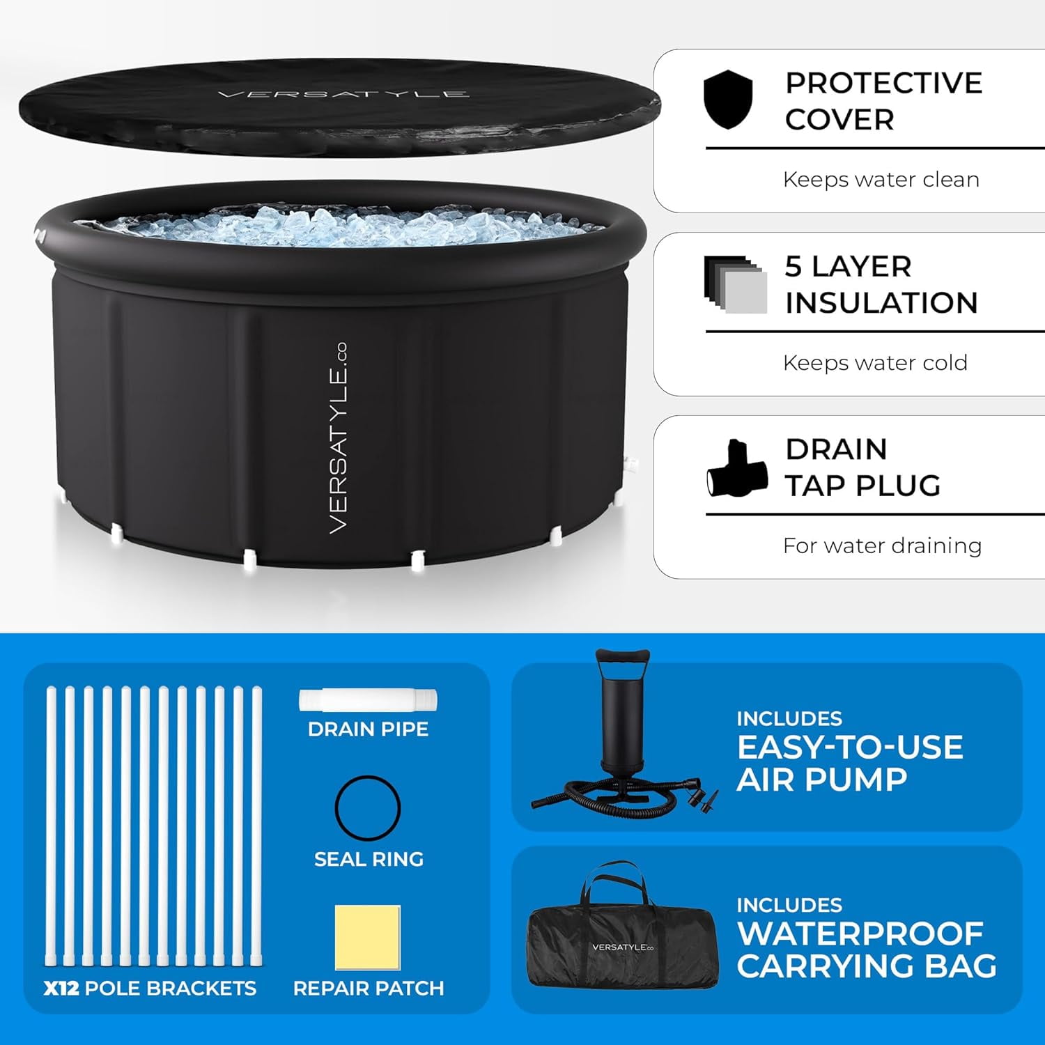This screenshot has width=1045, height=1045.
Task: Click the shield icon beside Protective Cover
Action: point(728,100)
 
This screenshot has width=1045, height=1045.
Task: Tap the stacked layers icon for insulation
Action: point(735,284)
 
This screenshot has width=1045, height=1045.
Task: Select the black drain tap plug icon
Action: point(737,469)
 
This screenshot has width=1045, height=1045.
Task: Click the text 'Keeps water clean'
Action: point(881,180)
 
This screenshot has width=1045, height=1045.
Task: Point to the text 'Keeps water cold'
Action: point(875,363)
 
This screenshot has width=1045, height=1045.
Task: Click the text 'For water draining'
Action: point(882,545)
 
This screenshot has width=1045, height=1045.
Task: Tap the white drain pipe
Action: point(369,700)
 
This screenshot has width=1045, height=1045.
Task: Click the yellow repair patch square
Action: point(368,938)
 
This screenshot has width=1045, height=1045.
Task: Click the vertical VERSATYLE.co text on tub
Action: point(338,439)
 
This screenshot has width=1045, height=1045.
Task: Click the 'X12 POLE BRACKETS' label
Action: point(150,989)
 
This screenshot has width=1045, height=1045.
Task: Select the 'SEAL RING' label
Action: point(369,859)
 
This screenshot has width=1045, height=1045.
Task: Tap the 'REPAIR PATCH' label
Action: point(369,989)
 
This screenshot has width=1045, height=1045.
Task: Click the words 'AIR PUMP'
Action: point(822,780)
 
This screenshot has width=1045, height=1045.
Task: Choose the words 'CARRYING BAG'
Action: point(867,966)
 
